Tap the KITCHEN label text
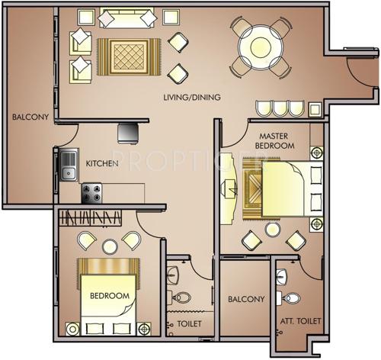click(101, 163)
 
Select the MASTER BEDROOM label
click(274, 140)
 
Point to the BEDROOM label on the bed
click(110, 295)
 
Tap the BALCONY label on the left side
click(30, 117)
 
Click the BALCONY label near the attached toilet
click(245, 300)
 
